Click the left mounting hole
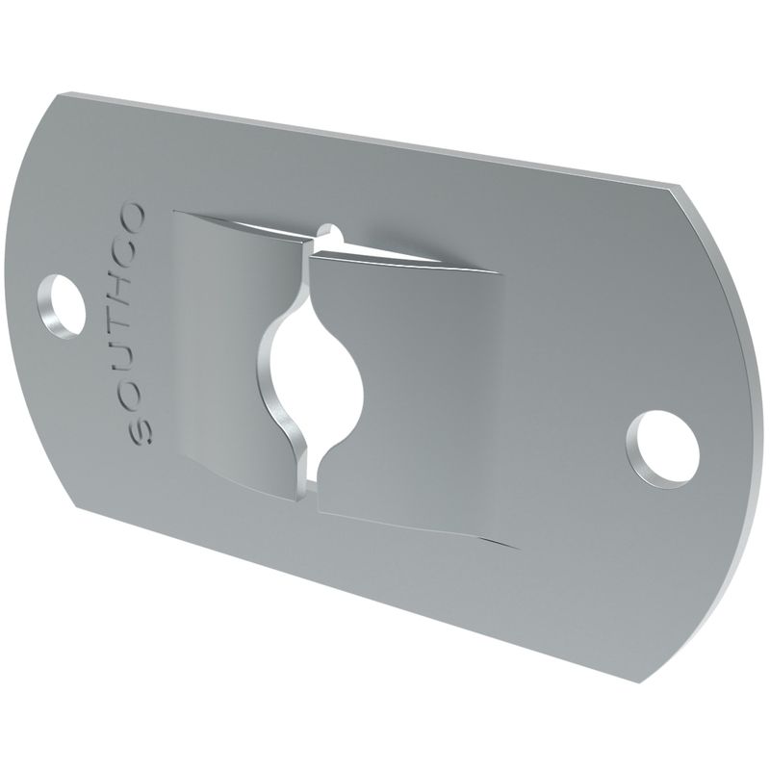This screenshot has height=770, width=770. pyautogui.click(x=62, y=304)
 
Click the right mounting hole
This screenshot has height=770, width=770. pyautogui.click(x=663, y=449)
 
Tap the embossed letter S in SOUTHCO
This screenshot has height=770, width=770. pyautogui.click(x=141, y=431)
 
